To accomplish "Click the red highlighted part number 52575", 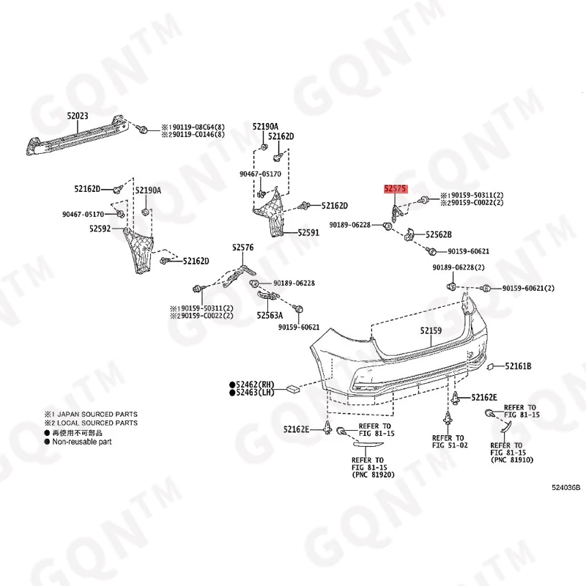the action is click(x=396, y=188).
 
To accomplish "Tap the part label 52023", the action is click(x=78, y=115).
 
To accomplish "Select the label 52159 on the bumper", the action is click(x=431, y=332).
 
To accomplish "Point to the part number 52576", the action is click(x=243, y=248).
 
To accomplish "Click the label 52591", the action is click(x=308, y=233).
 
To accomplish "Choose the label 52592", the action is click(x=102, y=229).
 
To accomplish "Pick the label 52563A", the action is click(x=269, y=316).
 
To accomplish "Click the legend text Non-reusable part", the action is click(x=81, y=442).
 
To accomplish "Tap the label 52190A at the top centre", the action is click(x=266, y=126).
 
